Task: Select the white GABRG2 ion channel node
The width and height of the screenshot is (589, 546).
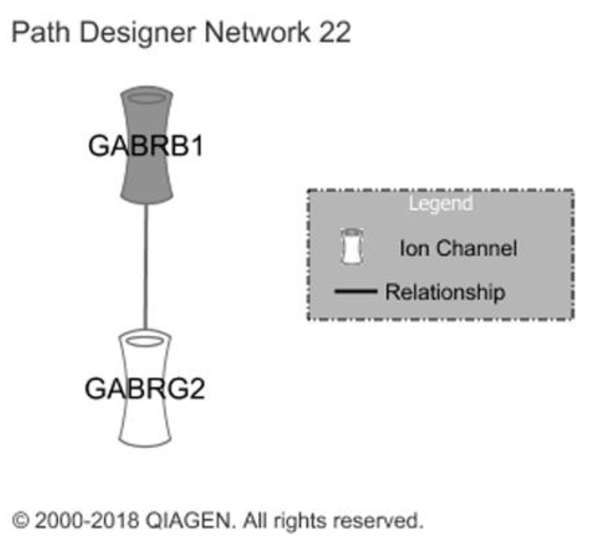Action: (145, 422)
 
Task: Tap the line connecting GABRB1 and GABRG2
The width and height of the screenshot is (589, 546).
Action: (146, 267)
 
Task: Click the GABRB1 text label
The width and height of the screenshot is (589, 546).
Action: (146, 146)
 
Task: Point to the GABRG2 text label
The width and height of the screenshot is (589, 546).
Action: (145, 389)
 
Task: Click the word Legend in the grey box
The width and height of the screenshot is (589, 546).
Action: (441, 204)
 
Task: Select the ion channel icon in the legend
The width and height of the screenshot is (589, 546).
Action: (352, 247)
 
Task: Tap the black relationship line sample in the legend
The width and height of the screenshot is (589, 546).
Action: (356, 291)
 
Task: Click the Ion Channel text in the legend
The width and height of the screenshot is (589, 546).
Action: (458, 248)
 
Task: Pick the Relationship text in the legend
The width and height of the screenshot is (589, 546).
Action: (445, 292)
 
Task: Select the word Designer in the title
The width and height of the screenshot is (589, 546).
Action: (137, 33)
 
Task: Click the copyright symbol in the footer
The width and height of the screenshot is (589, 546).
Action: (21, 520)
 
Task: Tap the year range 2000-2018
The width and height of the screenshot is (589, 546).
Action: (87, 520)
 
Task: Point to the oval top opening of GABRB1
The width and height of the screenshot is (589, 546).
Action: (147, 98)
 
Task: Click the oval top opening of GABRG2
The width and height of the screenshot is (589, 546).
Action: (145, 341)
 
